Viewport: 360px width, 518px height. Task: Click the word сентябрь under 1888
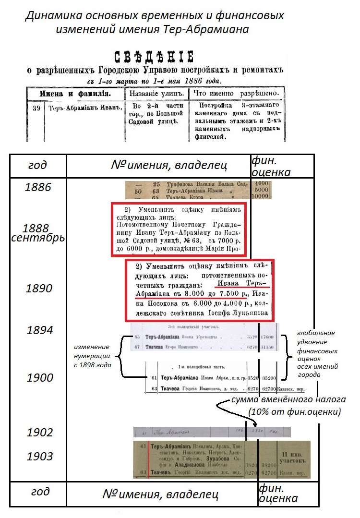(37, 237)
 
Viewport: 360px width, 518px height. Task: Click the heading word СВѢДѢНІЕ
(154, 57)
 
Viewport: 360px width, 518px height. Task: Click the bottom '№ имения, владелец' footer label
(161, 494)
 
